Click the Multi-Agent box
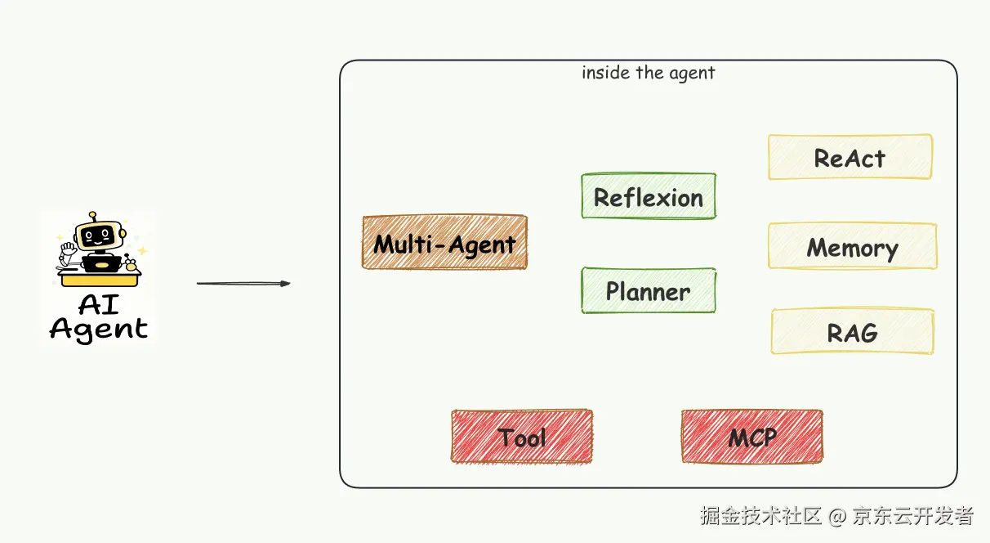pos(444,243)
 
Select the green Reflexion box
pos(649,197)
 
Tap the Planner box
pos(649,291)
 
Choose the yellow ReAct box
pos(850,158)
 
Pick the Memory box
pos(852,247)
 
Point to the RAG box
pos(852,332)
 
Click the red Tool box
pos(522,437)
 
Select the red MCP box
pos(752,437)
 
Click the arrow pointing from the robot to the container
pos(243,284)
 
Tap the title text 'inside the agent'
pos(648,73)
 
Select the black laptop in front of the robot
pos(101,263)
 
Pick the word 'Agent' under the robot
pos(99,329)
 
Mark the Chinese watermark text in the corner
pos(836,516)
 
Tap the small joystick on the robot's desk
pos(129,263)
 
